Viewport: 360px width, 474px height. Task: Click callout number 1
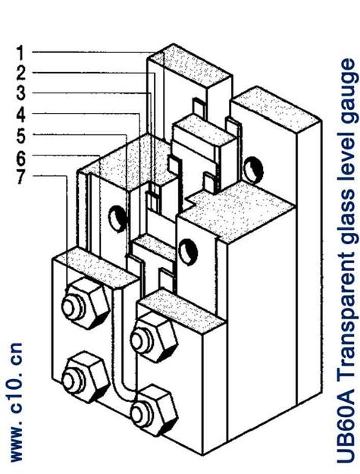[x=20, y=52]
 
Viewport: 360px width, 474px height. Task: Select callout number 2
[x=20, y=73]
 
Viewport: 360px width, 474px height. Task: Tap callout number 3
[x=20, y=93]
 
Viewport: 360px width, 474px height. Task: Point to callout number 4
[x=20, y=115]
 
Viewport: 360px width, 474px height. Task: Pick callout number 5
[x=20, y=135]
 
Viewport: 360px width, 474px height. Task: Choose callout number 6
[x=20, y=156]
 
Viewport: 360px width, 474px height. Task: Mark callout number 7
[x=20, y=176]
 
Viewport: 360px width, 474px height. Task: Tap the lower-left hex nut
[x=85, y=376]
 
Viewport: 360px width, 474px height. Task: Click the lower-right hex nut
[x=153, y=410]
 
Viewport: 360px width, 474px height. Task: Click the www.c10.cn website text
[x=16, y=402]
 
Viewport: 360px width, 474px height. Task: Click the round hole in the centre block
[x=188, y=252]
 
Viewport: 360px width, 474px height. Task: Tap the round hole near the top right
[x=253, y=169]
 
